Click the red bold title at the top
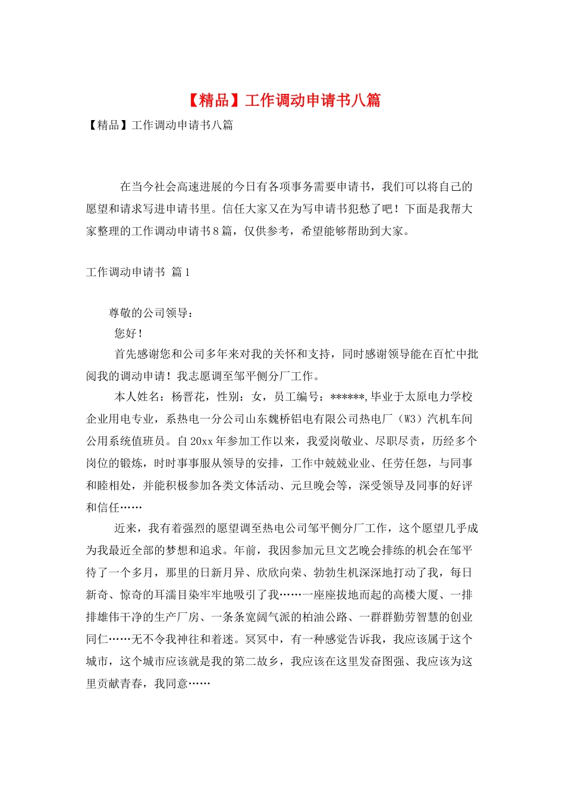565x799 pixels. (x=283, y=100)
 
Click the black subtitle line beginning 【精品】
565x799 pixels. (x=159, y=125)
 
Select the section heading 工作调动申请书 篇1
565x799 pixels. (x=138, y=272)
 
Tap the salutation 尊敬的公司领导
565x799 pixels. (x=150, y=313)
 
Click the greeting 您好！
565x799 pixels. (x=128, y=334)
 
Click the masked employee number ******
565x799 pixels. (x=347, y=397)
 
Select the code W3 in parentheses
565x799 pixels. (x=410, y=419)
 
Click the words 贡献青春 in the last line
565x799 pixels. (x=120, y=684)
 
